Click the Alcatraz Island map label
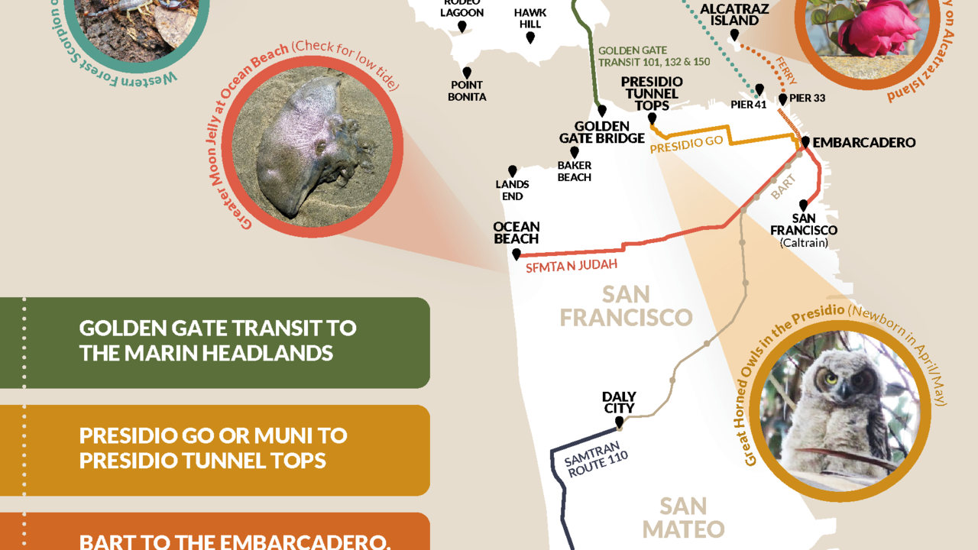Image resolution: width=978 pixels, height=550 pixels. tap(733, 15)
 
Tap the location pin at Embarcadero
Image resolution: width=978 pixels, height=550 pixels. tap(805, 142)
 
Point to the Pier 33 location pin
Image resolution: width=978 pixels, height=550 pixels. tap(782, 99)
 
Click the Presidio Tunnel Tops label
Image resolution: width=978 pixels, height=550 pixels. tap(652, 93)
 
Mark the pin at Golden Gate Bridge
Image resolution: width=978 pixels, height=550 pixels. tap(602, 110)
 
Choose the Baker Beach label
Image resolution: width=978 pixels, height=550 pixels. tap(574, 171)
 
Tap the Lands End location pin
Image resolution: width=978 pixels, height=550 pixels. tap(513, 171)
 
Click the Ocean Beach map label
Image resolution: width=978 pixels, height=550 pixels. tap(517, 232)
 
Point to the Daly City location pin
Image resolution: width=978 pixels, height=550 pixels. tap(619, 421)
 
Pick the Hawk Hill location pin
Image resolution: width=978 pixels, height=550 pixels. tap(530, 37)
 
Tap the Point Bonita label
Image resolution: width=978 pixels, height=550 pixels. tap(468, 91)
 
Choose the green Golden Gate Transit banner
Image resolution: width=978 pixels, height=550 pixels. tap(215, 341)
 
